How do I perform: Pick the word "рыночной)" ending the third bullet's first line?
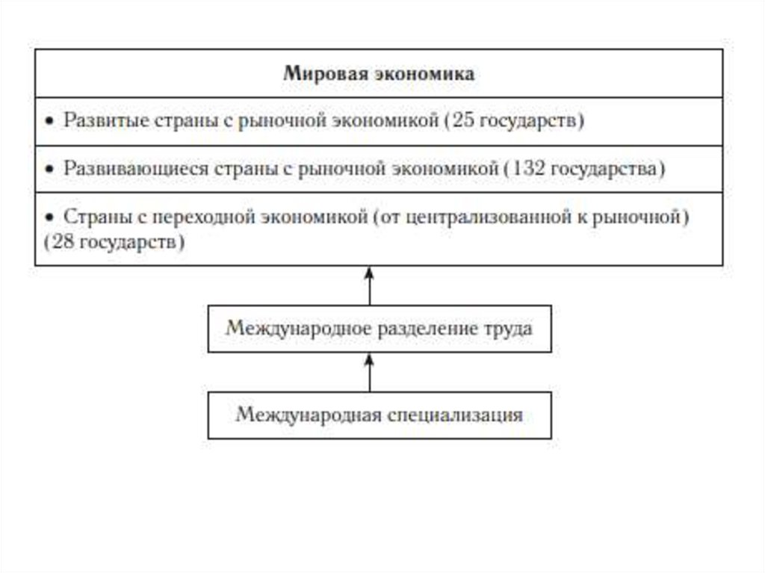651,217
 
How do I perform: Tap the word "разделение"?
406,329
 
